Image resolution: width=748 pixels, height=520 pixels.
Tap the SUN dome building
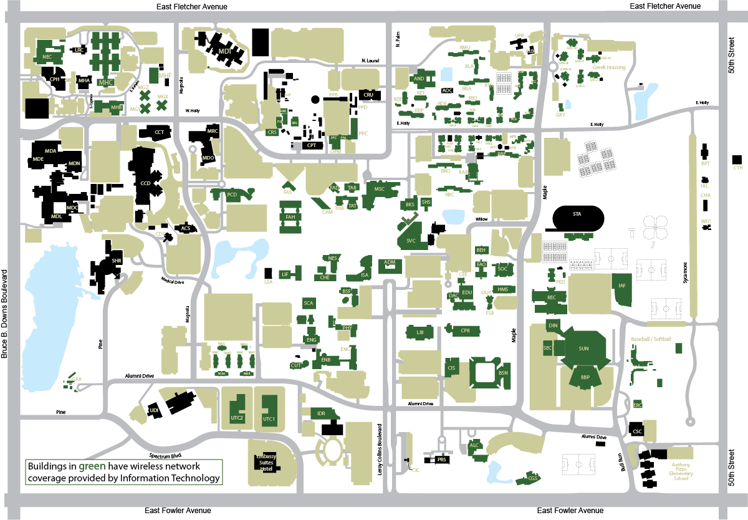pos(583,349)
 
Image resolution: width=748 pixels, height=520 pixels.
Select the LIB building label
pos(420,333)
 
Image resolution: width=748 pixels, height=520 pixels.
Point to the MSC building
pos(380,189)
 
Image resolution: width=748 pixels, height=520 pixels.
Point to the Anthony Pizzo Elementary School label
pos(681,471)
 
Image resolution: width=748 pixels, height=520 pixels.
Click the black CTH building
pos(737,160)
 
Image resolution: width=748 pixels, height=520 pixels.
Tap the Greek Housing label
pos(608,67)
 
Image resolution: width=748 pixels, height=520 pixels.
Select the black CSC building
pos(637,430)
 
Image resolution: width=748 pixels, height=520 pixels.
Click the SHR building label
pos(117,261)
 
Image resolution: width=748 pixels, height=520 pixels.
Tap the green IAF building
pos(621,287)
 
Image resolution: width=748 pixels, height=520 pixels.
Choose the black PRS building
pos(442,460)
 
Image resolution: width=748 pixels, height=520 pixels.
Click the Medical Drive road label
pos(172,282)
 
